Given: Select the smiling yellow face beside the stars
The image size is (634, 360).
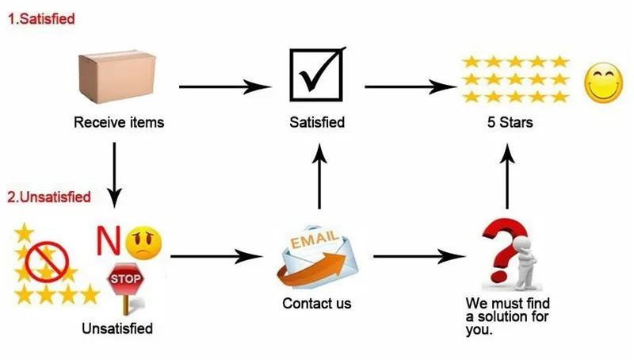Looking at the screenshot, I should coord(603,82).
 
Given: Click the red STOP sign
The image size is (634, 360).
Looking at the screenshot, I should coord(124,280).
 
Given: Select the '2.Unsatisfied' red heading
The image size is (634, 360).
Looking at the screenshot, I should coord(48,197).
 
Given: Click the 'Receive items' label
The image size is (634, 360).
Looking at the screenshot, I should coord(119,123).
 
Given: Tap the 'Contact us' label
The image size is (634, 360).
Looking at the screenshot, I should coord(317,303).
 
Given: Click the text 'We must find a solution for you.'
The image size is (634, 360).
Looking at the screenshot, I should coord(507,316).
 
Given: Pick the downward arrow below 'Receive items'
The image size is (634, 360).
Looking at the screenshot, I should coord(116,171).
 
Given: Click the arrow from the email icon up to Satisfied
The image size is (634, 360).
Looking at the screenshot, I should coord(319,178).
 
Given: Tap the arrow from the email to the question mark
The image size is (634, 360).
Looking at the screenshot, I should coord(418,256).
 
